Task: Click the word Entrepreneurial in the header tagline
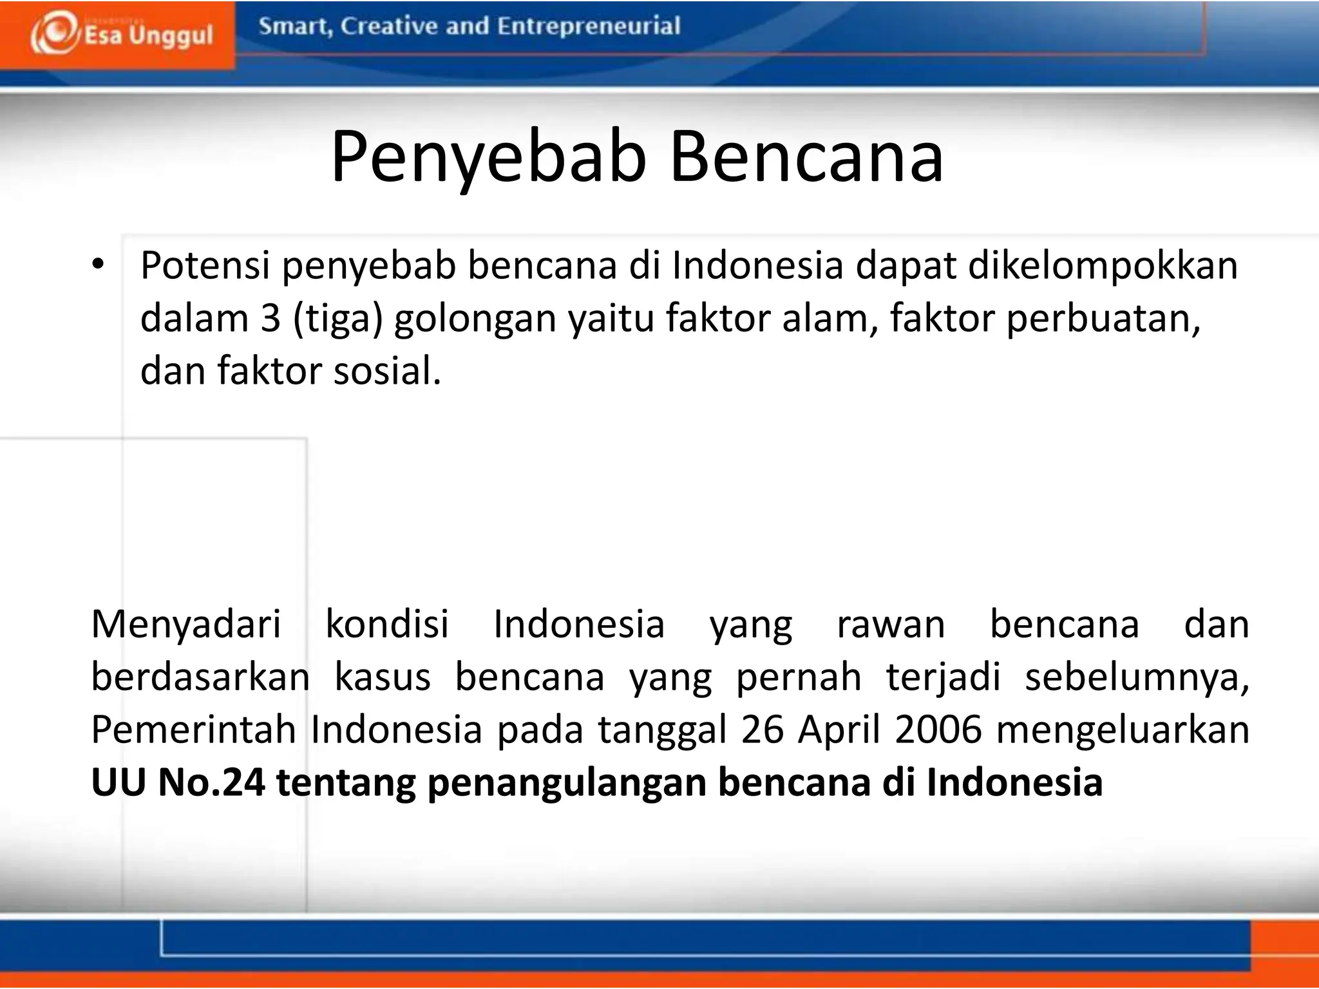tap(589, 26)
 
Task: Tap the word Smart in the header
tap(294, 26)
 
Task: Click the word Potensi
tap(205, 265)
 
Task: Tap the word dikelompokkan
tap(1103, 265)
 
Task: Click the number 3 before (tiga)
tap(271, 318)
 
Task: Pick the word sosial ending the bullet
tap(386, 372)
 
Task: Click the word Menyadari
tap(186, 625)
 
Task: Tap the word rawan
tap(891, 625)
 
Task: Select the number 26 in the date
tap(763, 730)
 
